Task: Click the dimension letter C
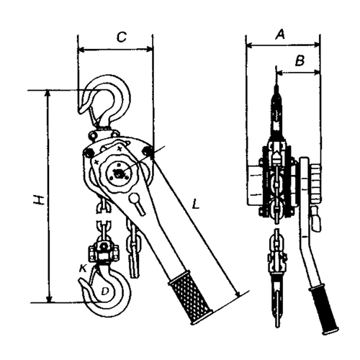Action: pos(122,37)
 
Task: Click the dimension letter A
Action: pos(280,34)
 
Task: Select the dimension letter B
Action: pos(300,60)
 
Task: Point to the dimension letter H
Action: pos(39,200)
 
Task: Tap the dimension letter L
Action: pos(196,204)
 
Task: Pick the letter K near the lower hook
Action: pos(83,269)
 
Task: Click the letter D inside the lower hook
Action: pos(105,291)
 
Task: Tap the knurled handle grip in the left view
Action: pos(190,297)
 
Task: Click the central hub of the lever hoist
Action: pos(118,173)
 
